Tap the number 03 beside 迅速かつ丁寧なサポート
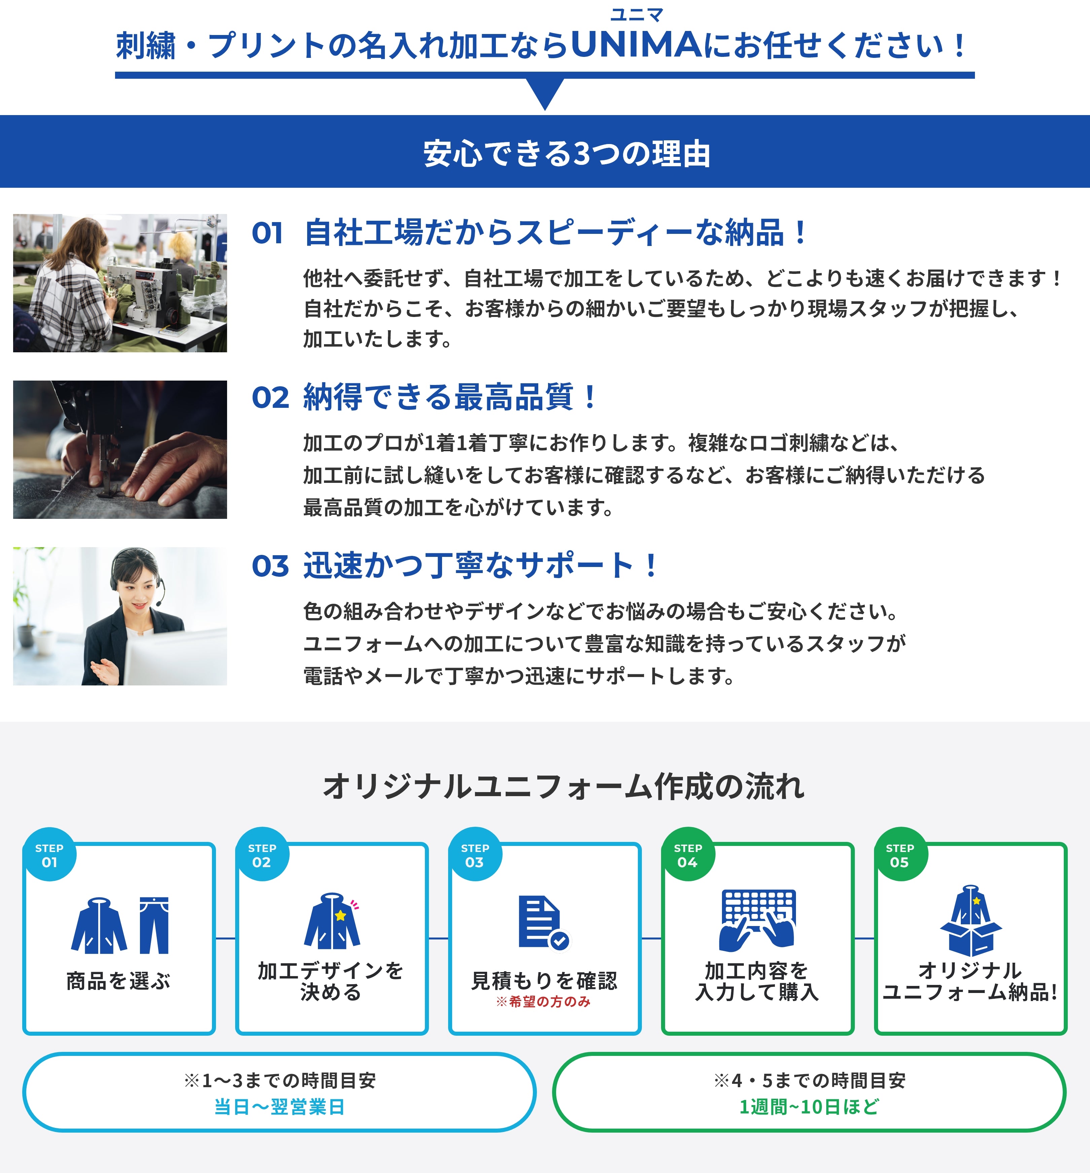click(x=270, y=566)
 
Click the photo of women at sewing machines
click(x=120, y=283)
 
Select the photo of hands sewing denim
click(x=120, y=450)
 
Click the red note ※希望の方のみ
click(x=543, y=1001)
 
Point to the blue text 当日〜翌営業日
click(x=279, y=1106)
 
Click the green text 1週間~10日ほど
click(x=809, y=1106)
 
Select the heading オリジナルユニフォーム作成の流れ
click(x=563, y=786)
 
